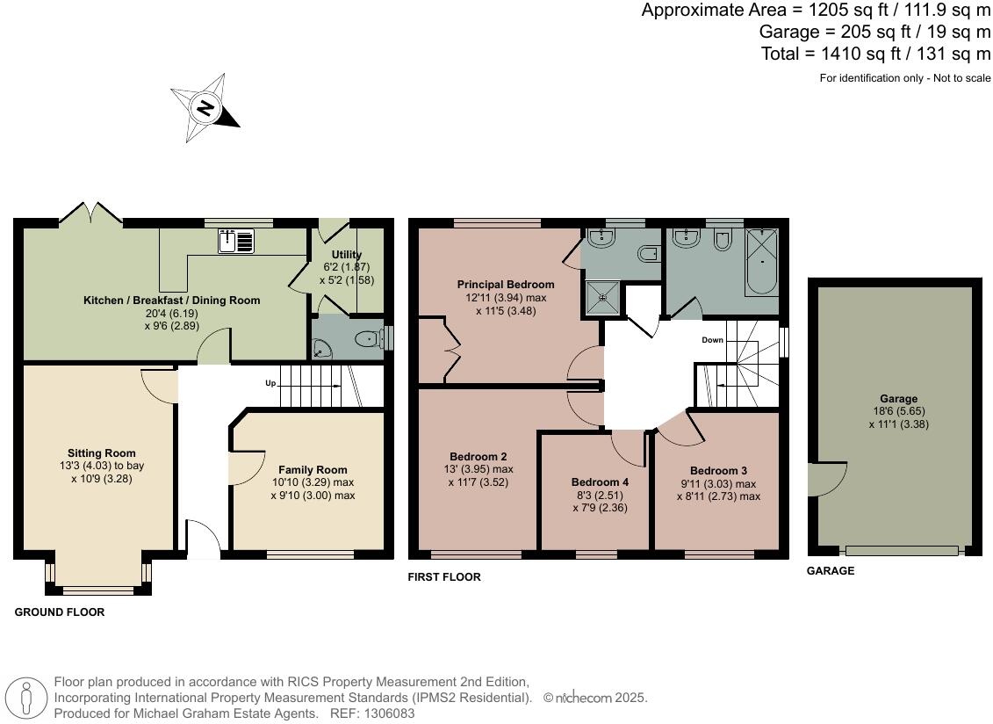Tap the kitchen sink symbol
236,240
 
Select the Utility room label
347,255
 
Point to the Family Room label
313,470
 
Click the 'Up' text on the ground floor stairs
271,384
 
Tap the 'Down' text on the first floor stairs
712,340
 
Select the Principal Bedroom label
506,285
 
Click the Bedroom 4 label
600,482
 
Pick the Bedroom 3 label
718,471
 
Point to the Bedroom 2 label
478,457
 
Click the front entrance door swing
203,538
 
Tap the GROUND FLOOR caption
60,612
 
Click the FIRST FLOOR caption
444,577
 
